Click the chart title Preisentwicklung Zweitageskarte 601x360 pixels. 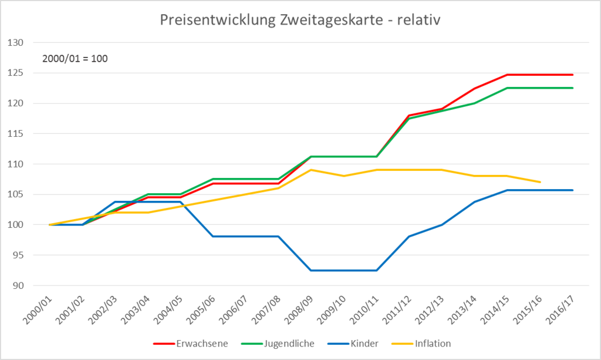[300, 20]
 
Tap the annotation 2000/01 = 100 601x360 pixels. [75, 59]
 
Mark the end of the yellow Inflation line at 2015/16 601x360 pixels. [540, 182]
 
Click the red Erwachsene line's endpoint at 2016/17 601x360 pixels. [572, 75]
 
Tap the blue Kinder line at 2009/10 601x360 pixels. [343, 270]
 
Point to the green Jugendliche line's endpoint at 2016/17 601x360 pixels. [572, 88]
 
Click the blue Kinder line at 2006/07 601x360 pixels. [245, 236]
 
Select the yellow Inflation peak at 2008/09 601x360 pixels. [311, 170]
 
